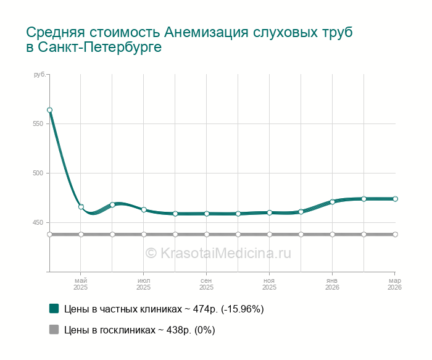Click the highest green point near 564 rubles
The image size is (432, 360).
pyautogui.click(x=49, y=110)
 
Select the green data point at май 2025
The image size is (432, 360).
pyautogui.click(x=81, y=207)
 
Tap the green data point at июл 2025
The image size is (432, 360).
pyautogui.click(x=144, y=210)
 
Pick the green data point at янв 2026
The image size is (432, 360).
pyautogui.click(x=332, y=201)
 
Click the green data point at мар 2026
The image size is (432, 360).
pyautogui.click(x=395, y=199)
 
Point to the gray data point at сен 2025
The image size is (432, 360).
pyautogui.click(x=207, y=235)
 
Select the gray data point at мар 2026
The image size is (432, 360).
pyautogui.click(x=395, y=235)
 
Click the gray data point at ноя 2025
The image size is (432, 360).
pyautogui.click(x=270, y=235)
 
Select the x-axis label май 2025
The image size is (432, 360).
pyautogui.click(x=81, y=284)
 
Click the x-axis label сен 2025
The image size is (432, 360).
pyautogui.click(x=207, y=284)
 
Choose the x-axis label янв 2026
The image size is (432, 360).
pyautogui.click(x=332, y=284)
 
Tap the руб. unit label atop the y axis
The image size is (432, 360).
pyautogui.click(x=39, y=75)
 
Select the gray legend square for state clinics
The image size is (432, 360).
pyautogui.click(x=54, y=330)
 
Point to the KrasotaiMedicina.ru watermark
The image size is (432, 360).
pyautogui.click(x=218, y=253)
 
